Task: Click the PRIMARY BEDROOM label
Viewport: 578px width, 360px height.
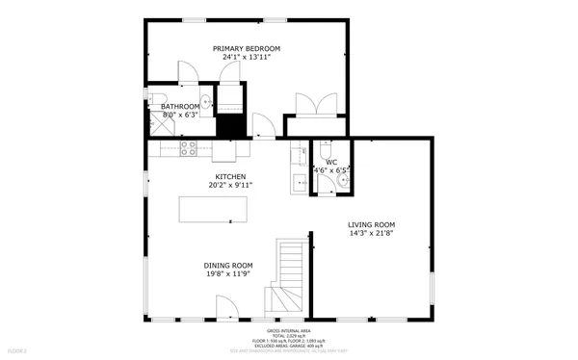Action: pos(247,48)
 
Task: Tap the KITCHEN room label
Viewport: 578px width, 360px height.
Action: pos(230,176)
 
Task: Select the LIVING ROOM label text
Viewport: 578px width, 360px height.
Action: pos(372,223)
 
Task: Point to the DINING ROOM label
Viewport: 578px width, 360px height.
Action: pos(227,265)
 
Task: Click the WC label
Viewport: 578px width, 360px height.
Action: pos(330,162)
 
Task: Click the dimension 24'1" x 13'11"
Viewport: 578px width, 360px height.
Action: pos(247,58)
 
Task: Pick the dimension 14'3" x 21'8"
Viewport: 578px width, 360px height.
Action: pos(372,233)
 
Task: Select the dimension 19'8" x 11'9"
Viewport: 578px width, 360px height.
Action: pos(227,274)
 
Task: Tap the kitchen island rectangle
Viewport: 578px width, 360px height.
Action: pos(213,209)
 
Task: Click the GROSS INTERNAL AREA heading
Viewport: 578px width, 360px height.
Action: pos(288,330)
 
